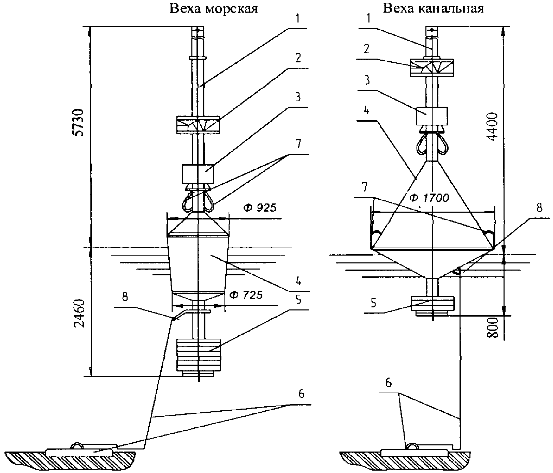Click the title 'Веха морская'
214,8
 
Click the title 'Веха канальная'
433,8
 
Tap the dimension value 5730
79,123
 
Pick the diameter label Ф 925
260,207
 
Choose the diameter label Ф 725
246,295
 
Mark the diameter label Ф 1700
429,198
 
